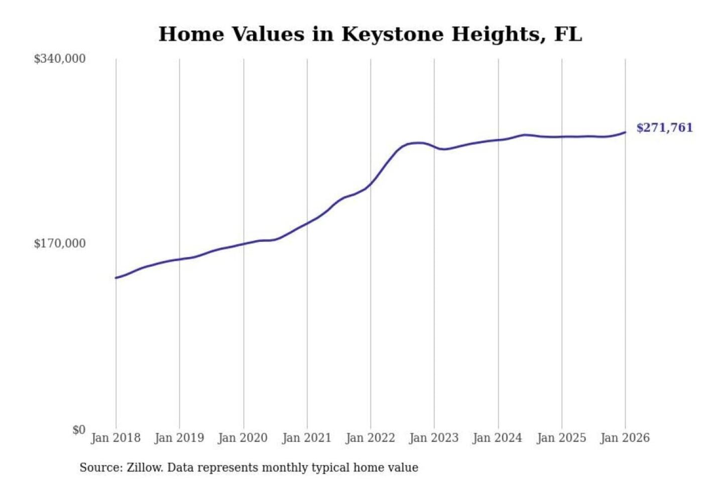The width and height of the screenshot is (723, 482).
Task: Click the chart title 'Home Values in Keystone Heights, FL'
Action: pos(370,34)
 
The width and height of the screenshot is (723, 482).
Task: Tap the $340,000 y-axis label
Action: pos(60,59)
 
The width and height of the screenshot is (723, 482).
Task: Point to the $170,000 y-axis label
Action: pos(60,244)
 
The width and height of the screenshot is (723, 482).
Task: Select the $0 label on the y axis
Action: pos(79,430)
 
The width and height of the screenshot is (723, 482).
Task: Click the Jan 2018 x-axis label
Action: pos(115,438)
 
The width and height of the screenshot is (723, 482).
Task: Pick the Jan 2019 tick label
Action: pos(179,438)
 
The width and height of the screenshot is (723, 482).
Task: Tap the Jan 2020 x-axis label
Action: pos(243,438)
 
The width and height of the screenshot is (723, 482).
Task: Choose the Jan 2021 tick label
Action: pos(307,438)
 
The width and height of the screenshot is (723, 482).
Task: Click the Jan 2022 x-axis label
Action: pos(371,438)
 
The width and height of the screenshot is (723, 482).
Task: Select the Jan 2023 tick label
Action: pos(434,438)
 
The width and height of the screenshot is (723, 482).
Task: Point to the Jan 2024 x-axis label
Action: pos(498,438)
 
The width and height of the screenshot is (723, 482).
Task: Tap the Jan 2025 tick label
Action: pos(561,438)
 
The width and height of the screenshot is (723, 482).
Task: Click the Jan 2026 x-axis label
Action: pos(625,438)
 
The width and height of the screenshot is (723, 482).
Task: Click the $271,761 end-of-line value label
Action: pos(664,128)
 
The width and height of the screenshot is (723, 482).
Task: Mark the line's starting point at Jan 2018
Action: pos(116,278)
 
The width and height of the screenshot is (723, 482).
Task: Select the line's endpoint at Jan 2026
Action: pos(625,133)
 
